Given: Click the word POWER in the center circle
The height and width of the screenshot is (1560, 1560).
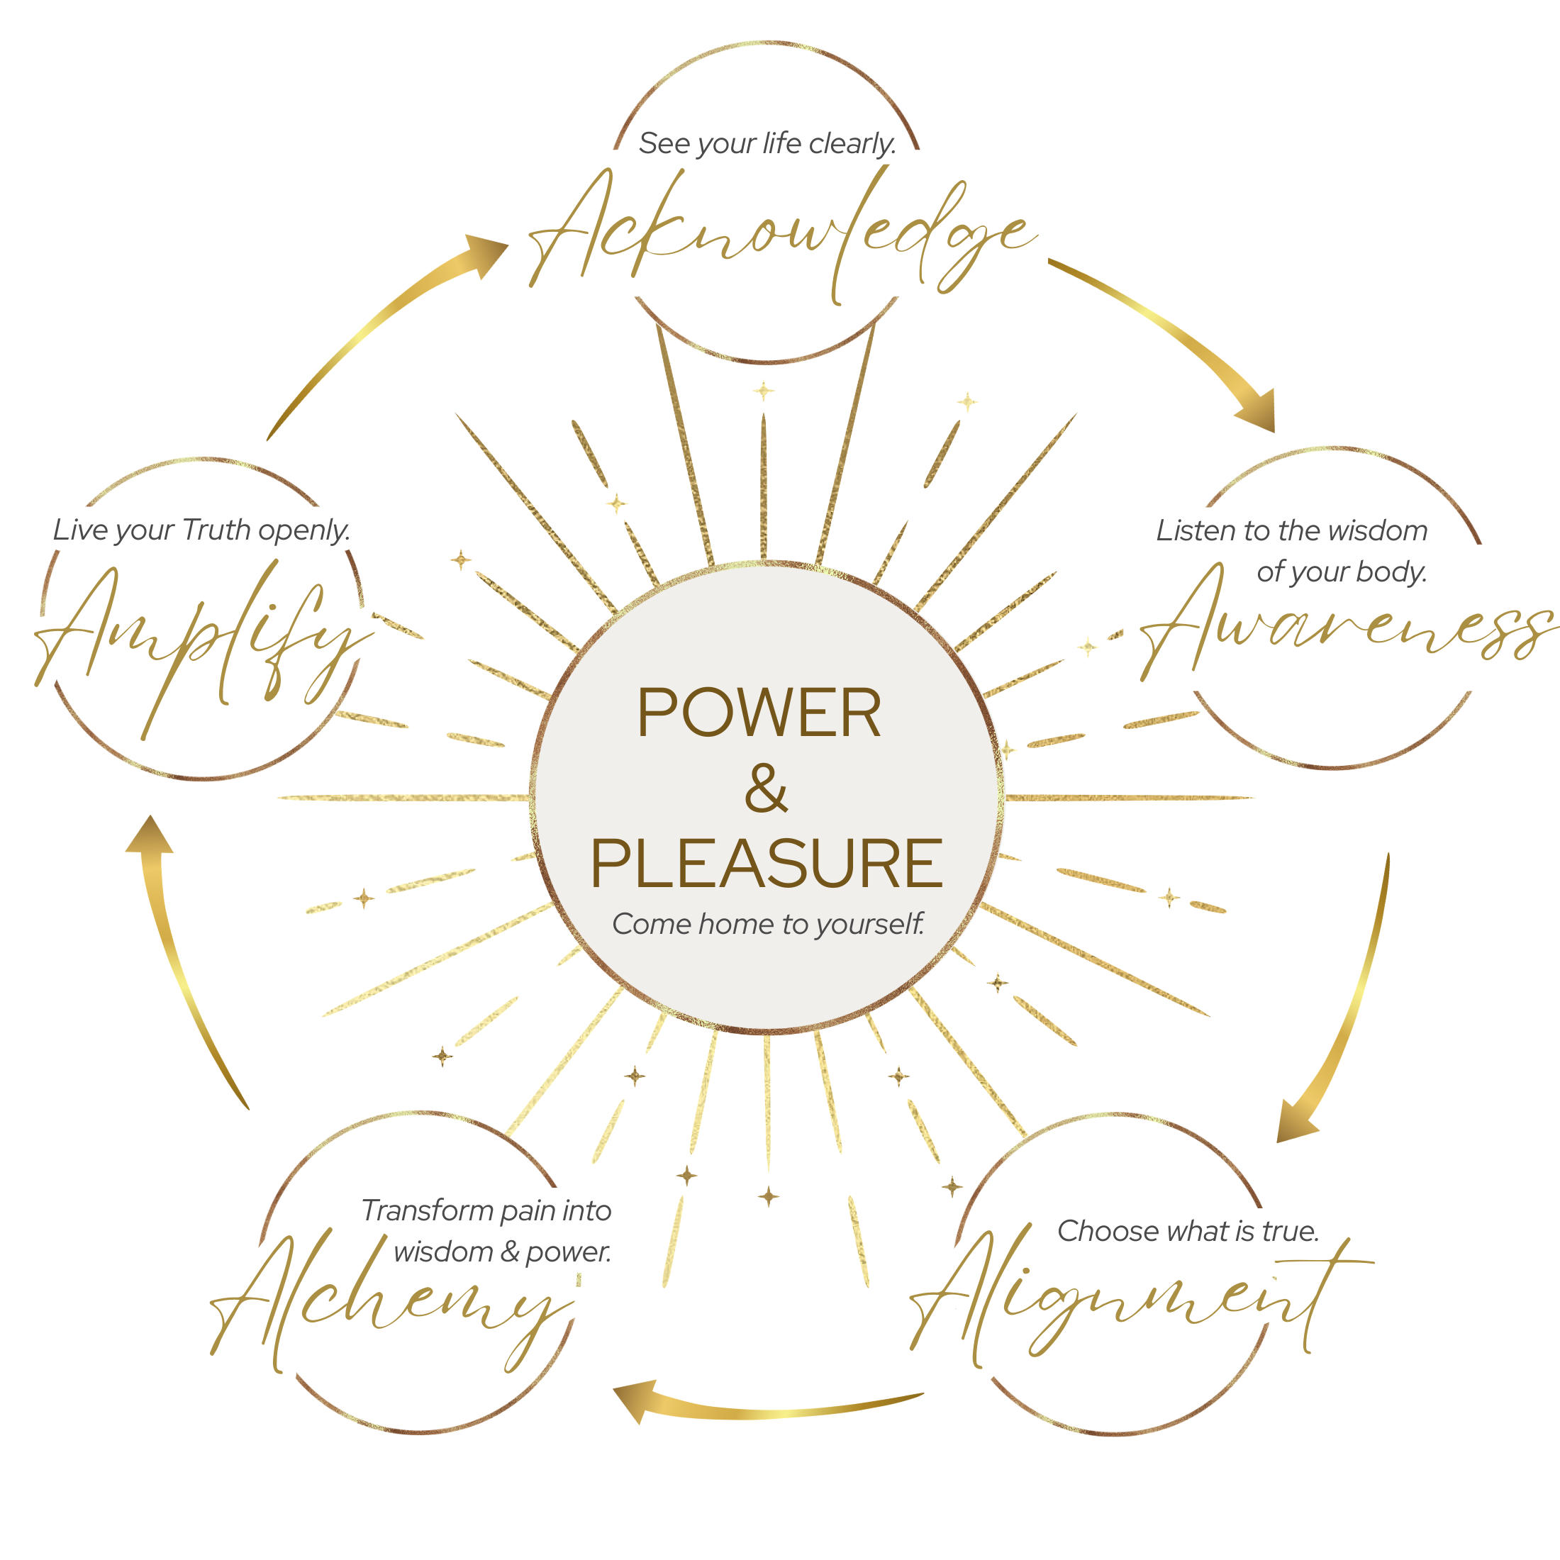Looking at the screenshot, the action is (759, 712).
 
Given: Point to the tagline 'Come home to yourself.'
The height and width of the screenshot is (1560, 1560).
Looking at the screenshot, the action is (767, 924).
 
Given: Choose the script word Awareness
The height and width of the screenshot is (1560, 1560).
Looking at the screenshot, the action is (1340, 630).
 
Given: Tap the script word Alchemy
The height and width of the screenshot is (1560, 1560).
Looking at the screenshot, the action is (396, 1300).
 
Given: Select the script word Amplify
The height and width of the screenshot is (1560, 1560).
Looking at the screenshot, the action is (202, 638).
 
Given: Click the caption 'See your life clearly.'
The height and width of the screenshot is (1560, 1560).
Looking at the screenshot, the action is (767, 144).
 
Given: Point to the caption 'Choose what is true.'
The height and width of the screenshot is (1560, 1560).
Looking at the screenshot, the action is (1188, 1230).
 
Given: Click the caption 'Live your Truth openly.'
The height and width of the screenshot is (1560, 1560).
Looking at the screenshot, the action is (202, 530).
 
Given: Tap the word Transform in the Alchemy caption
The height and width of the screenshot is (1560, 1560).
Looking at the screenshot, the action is (426, 1210).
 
